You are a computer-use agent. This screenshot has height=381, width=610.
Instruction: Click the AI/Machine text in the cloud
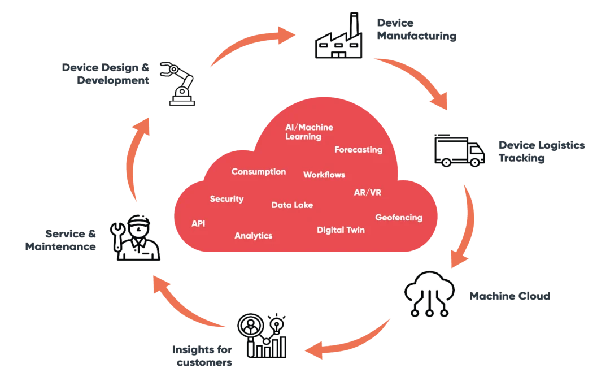tap(309, 127)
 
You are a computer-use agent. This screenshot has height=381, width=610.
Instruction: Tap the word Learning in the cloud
tap(303, 137)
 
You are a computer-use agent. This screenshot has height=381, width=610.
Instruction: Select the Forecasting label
tap(358, 150)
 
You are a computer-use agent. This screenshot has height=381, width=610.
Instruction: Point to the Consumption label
tap(259, 172)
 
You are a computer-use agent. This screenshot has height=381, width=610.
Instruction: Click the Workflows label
tap(324, 175)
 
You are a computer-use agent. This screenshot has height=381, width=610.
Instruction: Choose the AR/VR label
tap(367, 192)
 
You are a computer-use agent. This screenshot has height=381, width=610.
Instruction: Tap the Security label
tap(226, 199)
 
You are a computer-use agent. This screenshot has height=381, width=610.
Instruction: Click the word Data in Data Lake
tap(281, 205)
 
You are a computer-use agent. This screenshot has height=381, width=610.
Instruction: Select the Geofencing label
tap(399, 218)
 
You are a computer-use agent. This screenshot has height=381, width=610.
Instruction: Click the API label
tap(198, 224)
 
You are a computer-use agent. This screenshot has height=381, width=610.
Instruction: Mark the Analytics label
tap(254, 236)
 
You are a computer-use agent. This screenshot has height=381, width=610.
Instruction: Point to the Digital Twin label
tap(341, 230)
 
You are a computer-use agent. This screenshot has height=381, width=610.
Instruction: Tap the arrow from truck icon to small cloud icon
tap(467, 226)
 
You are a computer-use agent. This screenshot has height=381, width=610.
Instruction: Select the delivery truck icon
tap(460, 151)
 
